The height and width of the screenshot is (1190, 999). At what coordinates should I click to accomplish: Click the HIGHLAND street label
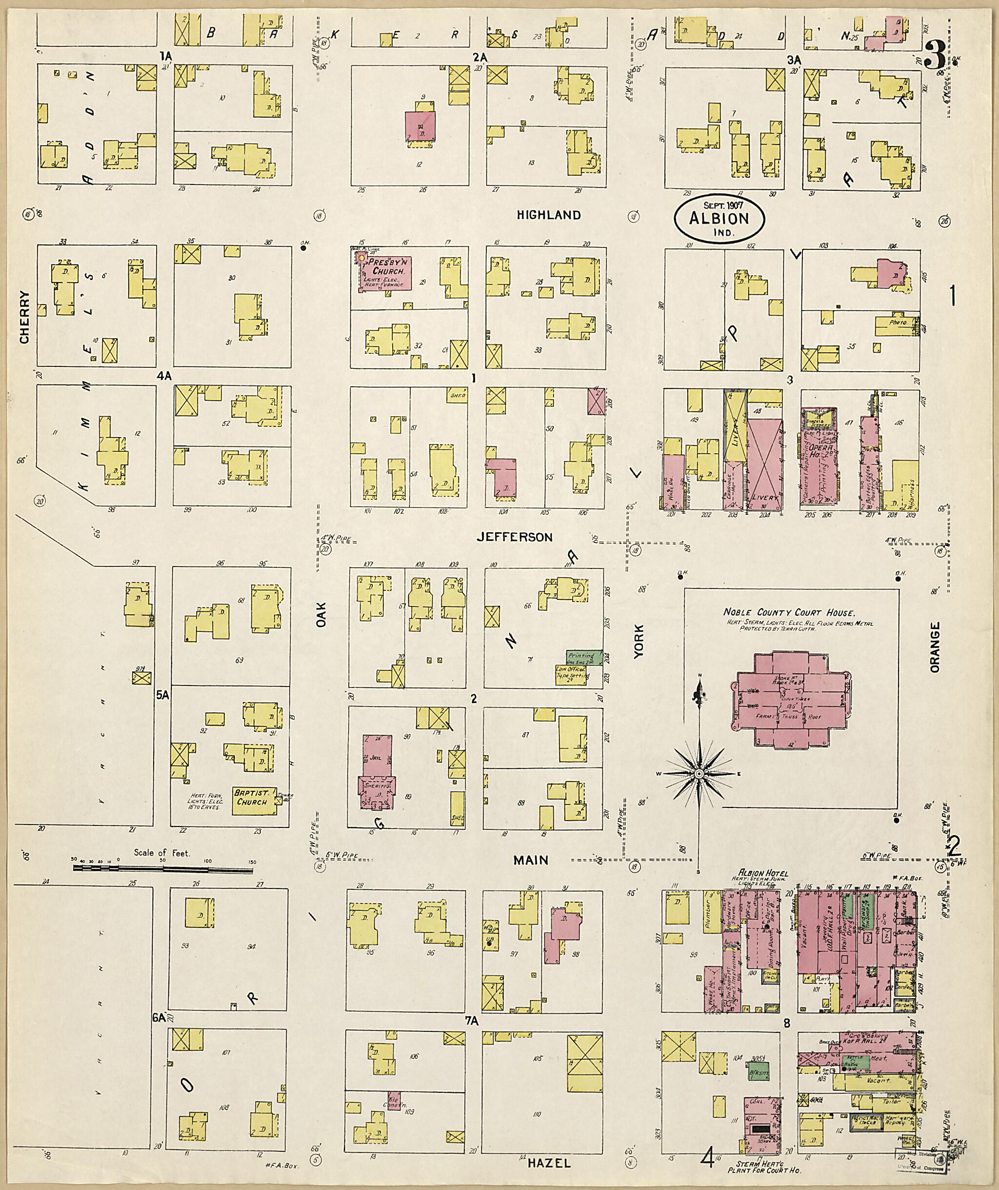click(548, 215)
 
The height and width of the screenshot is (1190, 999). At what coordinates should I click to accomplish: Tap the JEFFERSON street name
click(514, 537)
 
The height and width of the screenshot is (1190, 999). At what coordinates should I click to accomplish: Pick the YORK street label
click(639, 642)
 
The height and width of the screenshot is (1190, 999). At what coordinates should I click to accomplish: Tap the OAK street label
click(322, 629)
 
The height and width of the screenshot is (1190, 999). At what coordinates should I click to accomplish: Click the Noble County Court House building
click(791, 698)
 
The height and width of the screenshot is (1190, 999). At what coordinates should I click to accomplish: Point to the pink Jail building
click(375, 757)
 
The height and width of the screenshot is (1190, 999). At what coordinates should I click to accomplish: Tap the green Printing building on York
click(584, 657)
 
